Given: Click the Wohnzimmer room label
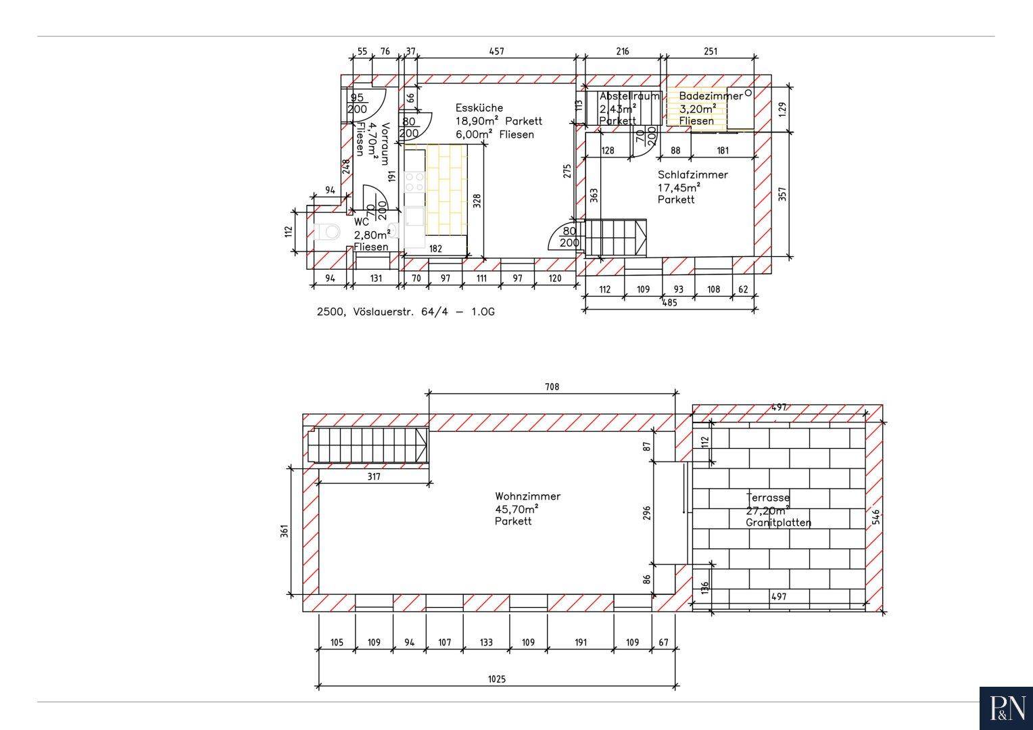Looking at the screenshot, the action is point(527,497).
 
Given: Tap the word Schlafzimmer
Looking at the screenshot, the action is point(693,175).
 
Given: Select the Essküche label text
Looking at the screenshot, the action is point(479,108).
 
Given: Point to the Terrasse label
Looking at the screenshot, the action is point(768,497).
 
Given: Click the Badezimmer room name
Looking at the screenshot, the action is point(711,96).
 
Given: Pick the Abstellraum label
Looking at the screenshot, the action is point(629,96).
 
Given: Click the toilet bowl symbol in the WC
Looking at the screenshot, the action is point(329,230).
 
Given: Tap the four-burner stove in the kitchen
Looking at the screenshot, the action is point(414,181).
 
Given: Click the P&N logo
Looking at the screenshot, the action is point(1006,708).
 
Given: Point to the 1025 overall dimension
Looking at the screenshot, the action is point(497,679).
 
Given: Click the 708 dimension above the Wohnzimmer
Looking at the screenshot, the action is point(552,387).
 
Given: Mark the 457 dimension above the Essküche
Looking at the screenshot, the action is point(496,51).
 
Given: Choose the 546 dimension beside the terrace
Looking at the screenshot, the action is point(876,516).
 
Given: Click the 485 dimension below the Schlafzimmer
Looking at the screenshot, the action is point(669,303).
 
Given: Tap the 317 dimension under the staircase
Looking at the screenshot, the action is point(374,477).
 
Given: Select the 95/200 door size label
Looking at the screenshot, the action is point(358,103).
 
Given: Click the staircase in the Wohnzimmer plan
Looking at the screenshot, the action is point(368,445).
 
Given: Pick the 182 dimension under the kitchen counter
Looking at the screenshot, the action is point(435,249).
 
